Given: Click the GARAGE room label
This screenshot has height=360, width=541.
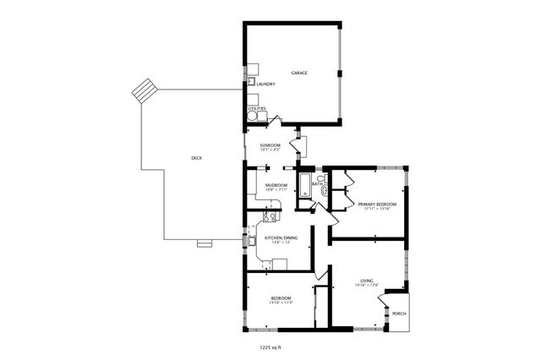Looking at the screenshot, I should tap(299, 74).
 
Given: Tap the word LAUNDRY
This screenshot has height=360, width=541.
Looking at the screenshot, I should tap(266, 85).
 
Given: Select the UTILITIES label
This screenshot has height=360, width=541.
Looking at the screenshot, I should tap(257, 108).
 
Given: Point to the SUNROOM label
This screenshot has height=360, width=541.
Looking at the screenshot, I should tap(270, 145).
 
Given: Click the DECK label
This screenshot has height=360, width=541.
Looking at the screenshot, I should tap(196, 158).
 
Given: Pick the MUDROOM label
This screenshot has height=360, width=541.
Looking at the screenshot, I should tap(276, 185).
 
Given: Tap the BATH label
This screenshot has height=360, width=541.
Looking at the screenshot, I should tap(315, 184).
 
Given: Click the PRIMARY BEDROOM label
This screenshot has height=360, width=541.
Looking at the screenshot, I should tap(377, 205).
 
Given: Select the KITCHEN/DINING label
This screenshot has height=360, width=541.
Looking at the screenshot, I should tap(281, 239).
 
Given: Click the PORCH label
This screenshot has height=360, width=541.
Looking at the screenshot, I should tap(399, 314).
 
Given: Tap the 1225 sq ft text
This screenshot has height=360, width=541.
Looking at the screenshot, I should tap(270, 346).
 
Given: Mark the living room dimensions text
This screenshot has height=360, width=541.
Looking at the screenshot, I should tap(367, 286).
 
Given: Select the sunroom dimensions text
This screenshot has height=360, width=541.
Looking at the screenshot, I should tap(270, 150).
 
